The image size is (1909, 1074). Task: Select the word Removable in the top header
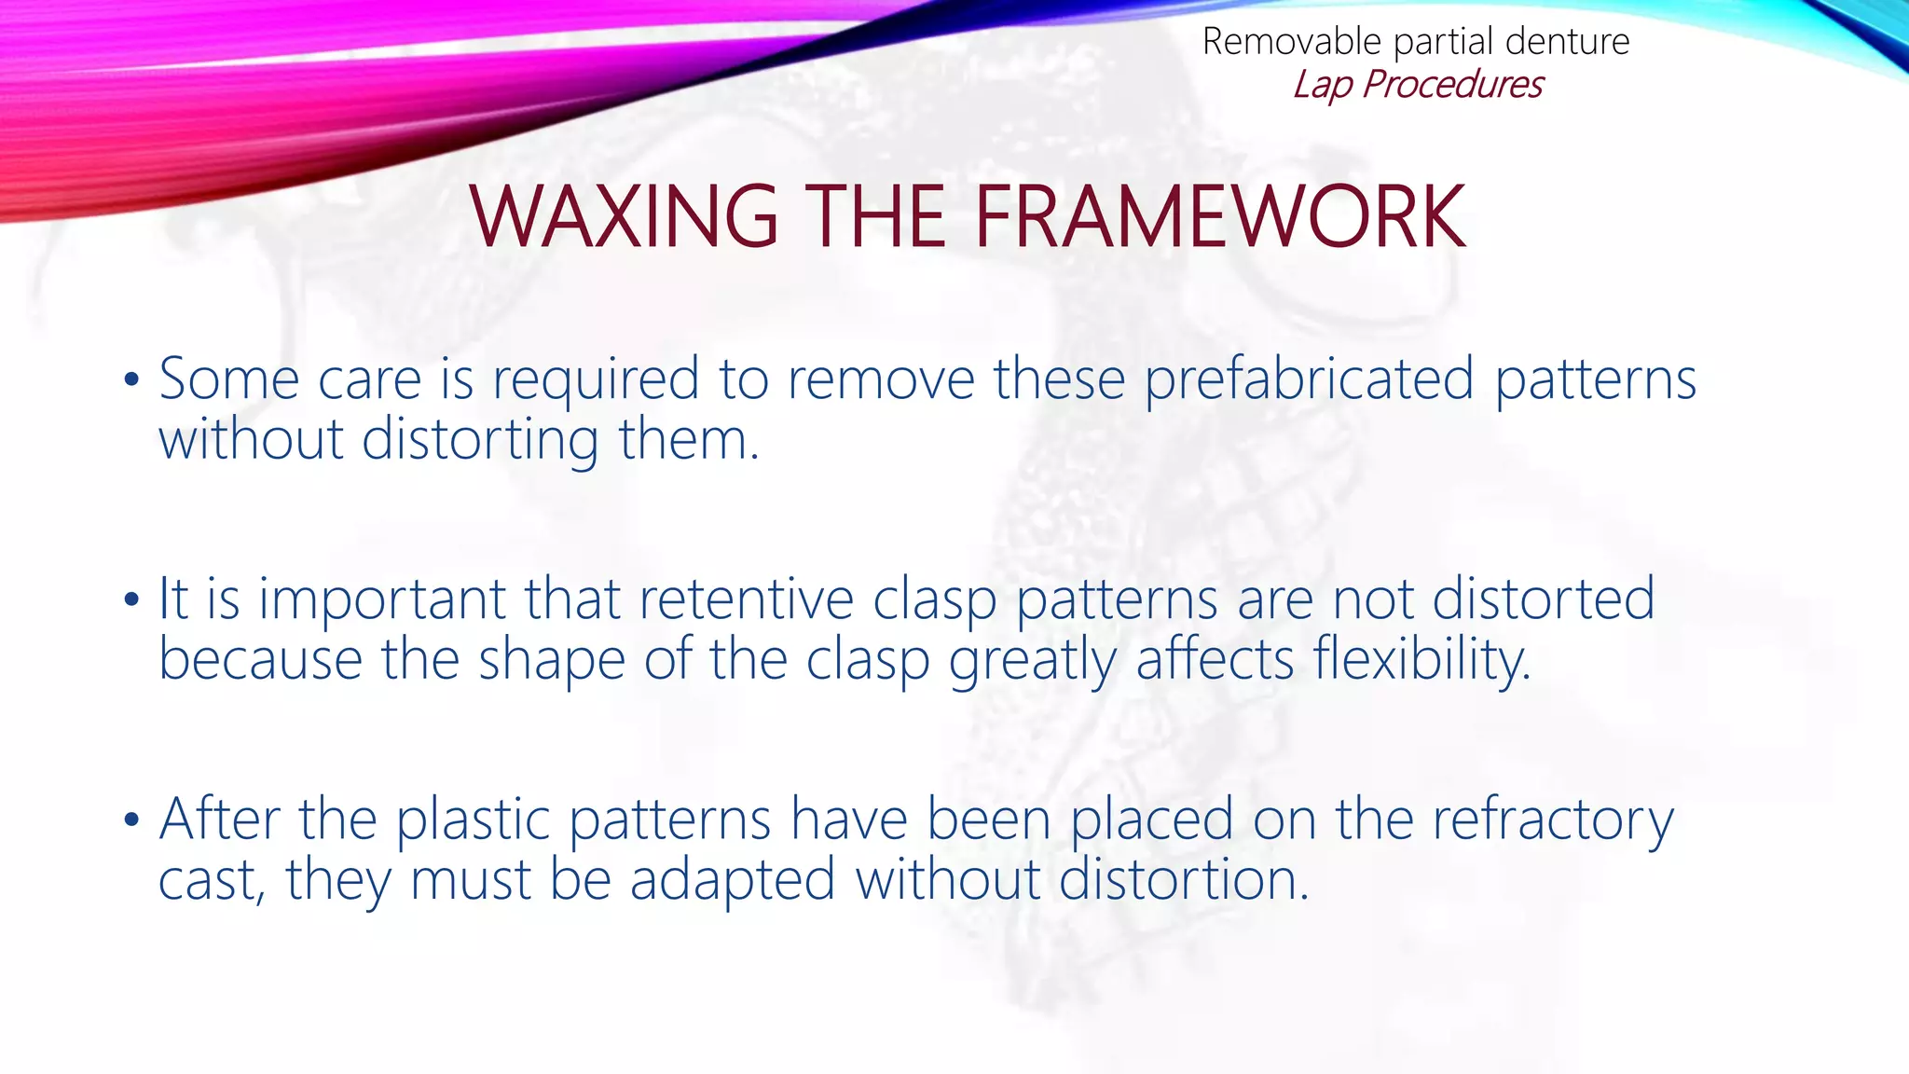click(x=1291, y=42)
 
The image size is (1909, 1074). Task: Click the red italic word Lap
click(x=1322, y=85)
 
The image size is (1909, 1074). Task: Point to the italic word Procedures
click(x=1452, y=85)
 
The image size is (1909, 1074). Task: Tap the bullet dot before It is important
click(x=131, y=599)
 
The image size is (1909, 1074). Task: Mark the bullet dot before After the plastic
click(x=131, y=819)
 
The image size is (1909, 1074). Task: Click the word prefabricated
click(x=1309, y=379)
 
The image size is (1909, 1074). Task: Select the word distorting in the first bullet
click(x=480, y=439)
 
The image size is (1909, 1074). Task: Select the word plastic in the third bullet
click(x=473, y=819)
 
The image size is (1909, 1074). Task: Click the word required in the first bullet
click(x=595, y=379)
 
